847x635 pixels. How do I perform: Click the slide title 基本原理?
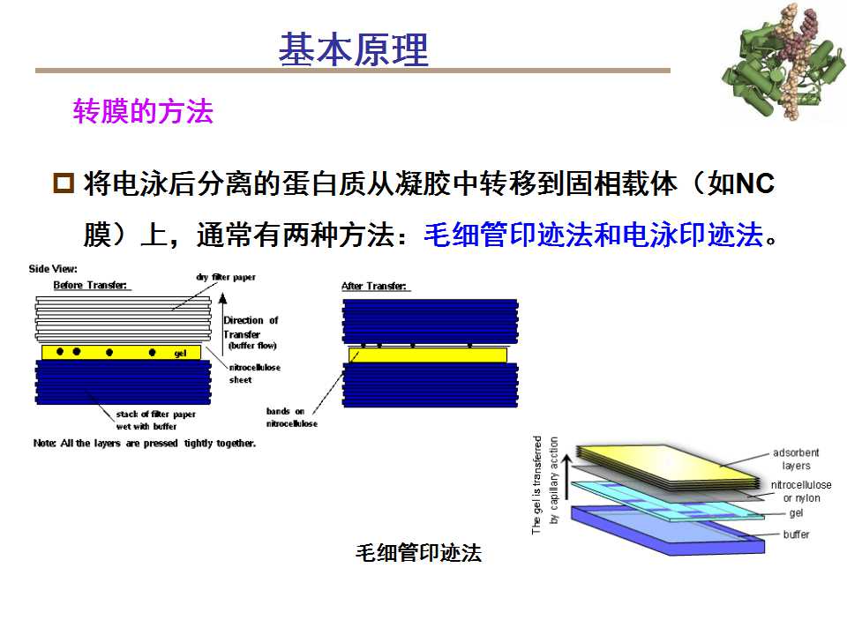[x=354, y=49]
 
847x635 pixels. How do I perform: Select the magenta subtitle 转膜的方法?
[x=143, y=111]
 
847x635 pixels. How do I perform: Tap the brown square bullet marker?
[x=64, y=183]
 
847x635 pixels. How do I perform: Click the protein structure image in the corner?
[x=783, y=62]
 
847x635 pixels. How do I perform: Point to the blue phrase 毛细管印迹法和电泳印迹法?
[x=594, y=235]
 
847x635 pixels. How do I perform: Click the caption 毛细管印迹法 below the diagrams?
[x=418, y=552]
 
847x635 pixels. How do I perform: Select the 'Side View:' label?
[x=53, y=269]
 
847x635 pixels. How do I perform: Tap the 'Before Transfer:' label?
[x=90, y=285]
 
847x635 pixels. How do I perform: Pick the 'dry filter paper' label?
[x=226, y=277]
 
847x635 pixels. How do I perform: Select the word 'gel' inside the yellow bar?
[x=180, y=353]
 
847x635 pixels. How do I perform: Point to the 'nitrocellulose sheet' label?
[x=254, y=373]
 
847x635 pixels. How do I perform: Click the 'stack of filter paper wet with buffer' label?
[x=155, y=420]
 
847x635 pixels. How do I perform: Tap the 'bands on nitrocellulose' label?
[x=292, y=417]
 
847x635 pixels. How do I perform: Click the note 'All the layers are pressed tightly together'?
[x=144, y=444]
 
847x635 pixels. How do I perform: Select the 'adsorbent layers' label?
[x=796, y=459]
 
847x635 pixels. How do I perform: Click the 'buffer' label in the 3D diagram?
[x=796, y=534]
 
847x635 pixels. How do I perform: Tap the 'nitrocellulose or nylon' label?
[x=801, y=491]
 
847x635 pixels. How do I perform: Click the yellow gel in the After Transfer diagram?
[x=428, y=355]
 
